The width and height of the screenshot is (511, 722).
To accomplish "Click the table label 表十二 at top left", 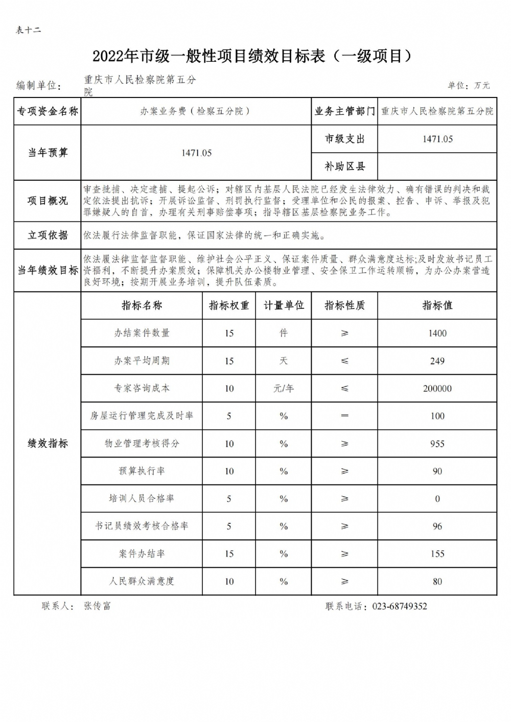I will pyautogui.click(x=28, y=30).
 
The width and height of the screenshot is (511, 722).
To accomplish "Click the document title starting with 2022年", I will pyautogui.click(x=252, y=56).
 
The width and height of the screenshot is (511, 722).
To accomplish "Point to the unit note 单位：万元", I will pyautogui.click(x=469, y=85).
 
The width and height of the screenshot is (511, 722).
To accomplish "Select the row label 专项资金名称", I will pyautogui.click(x=48, y=111).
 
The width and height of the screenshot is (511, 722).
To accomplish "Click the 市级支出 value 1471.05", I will pyautogui.click(x=437, y=139).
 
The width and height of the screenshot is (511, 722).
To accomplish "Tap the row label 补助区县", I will pyautogui.click(x=345, y=166).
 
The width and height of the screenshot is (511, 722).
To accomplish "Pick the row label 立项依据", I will pyautogui.click(x=48, y=235).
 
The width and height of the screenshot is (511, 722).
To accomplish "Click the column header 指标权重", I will pyautogui.click(x=229, y=305).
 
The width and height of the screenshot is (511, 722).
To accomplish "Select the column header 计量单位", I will pyautogui.click(x=284, y=305).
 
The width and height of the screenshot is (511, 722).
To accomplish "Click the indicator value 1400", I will pyautogui.click(x=437, y=333).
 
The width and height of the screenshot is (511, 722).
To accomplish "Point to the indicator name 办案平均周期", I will pyautogui.click(x=142, y=361).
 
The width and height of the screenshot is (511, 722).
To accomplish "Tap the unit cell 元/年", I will pyautogui.click(x=284, y=389).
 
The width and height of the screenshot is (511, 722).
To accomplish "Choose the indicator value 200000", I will pyautogui.click(x=437, y=389).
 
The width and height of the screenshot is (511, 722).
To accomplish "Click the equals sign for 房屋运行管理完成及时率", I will pyautogui.click(x=345, y=416).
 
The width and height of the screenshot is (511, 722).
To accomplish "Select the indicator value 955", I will pyautogui.click(x=437, y=444).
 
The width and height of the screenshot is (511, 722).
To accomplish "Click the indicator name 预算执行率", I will pyautogui.click(x=142, y=471).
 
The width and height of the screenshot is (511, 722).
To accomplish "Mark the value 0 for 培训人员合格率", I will pyautogui.click(x=437, y=499).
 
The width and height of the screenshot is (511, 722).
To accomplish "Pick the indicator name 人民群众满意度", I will pyautogui.click(x=142, y=582).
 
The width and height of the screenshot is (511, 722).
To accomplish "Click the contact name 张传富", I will pyautogui.click(x=97, y=606).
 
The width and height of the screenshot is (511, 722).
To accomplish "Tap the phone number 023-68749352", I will pyautogui.click(x=400, y=607).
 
